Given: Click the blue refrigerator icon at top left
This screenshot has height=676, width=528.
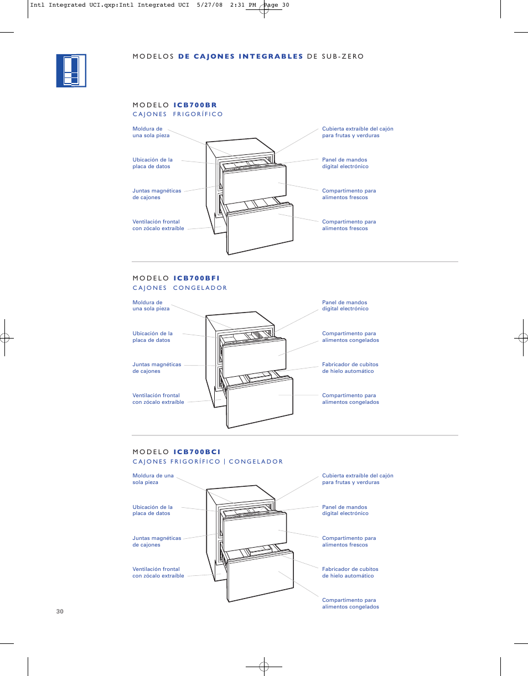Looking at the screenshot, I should click(71, 71).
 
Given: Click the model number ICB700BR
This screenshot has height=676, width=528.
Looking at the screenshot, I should click(195, 105).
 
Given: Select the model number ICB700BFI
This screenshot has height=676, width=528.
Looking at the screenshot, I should click(196, 278).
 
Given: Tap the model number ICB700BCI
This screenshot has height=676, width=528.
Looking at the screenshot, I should click(197, 452).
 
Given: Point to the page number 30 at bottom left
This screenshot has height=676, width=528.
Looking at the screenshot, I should click(60, 611).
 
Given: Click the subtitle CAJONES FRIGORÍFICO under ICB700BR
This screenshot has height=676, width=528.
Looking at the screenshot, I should click(178, 115).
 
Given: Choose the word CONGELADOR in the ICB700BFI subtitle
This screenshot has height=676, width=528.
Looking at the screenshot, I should click(200, 288).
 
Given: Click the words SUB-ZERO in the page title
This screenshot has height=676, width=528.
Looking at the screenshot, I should click(343, 56).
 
